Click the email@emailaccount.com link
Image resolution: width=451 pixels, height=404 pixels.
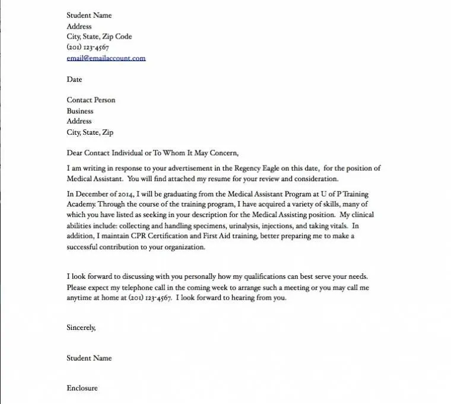click(x=106, y=58)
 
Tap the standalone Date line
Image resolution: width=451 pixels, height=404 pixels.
click(x=74, y=79)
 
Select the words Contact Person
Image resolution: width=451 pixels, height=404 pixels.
click(x=91, y=100)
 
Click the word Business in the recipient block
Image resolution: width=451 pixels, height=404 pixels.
click(x=80, y=111)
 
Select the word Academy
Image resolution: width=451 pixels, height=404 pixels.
click(x=81, y=204)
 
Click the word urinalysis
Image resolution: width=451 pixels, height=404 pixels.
click(x=228, y=225)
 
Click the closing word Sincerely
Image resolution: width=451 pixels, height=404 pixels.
click(x=81, y=327)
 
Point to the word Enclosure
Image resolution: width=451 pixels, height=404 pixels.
click(x=82, y=389)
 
